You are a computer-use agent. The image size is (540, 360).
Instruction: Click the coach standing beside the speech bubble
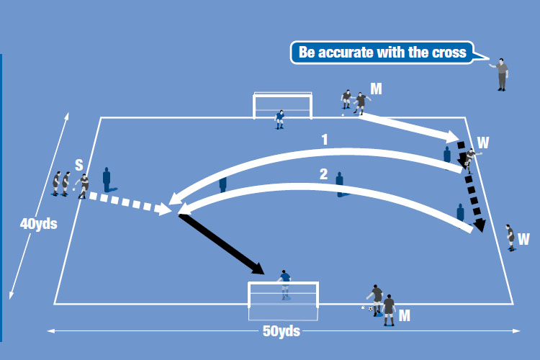[501, 73]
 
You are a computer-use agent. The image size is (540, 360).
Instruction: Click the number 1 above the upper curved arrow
[325, 140]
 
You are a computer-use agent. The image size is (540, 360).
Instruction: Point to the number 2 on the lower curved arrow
[323, 174]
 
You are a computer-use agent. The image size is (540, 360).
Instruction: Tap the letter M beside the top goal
[375, 88]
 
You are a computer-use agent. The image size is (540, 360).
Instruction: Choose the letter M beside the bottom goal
[404, 315]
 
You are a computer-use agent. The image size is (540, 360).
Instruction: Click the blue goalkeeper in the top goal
[280, 119]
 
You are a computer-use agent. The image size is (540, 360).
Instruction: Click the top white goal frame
[282, 95]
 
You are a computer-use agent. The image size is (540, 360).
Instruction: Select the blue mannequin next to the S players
[107, 179]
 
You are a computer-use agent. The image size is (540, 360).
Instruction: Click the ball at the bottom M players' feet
[371, 309]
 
